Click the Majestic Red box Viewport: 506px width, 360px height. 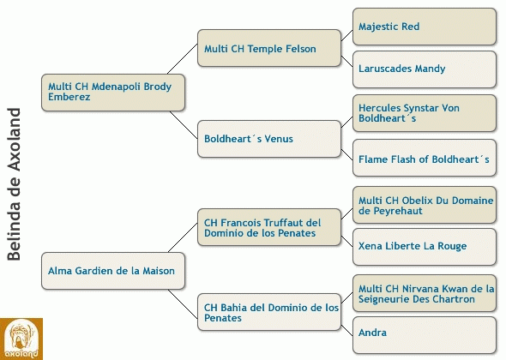(424, 27)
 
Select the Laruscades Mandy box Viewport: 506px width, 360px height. (424, 69)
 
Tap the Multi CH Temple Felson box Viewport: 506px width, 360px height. (269, 48)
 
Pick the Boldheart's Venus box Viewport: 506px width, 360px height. (269, 139)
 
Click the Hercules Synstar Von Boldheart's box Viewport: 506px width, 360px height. (424, 113)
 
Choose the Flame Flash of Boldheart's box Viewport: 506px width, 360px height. (424, 158)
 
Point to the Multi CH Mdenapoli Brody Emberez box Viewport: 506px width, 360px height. (113, 93)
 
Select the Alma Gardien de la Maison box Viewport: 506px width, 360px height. (113, 271)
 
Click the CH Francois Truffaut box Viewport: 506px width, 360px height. (269, 227)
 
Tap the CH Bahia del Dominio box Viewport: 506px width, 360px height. (269, 312)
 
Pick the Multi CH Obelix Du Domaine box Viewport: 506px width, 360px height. (424, 205)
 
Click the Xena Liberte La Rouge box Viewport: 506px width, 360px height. (424, 247)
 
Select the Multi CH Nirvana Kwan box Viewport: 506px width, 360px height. (424, 293)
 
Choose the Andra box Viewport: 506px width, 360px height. (424, 335)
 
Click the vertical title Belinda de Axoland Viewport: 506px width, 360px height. (14, 184)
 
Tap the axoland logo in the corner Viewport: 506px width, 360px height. (21, 339)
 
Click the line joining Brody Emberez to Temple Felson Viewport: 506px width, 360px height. (183, 58)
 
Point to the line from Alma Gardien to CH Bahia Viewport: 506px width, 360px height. (183, 304)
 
